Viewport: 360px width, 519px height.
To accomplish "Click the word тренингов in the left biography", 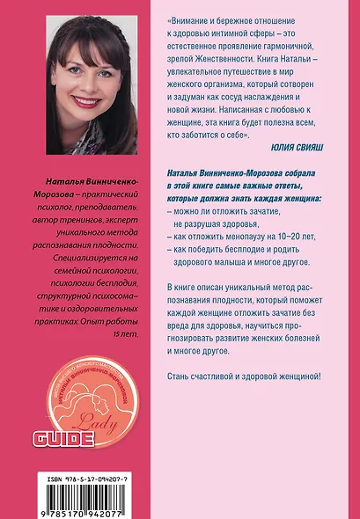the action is click(74, 216).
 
